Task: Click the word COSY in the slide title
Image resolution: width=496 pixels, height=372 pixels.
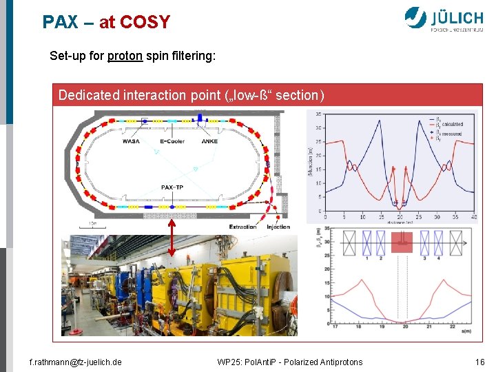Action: point(145,22)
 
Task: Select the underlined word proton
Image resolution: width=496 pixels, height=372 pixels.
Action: point(125,55)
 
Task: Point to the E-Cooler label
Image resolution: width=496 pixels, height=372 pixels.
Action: point(174,143)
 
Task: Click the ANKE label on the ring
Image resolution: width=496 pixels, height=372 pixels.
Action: point(210,143)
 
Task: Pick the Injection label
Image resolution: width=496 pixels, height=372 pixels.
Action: point(278,227)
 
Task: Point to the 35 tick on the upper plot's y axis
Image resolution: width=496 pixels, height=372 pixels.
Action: point(318,114)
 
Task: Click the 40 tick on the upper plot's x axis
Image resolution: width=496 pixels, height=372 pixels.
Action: point(474,217)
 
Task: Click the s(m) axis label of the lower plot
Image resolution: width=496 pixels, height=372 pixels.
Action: point(467,331)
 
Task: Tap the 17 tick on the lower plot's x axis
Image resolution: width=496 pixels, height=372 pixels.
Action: point(334,327)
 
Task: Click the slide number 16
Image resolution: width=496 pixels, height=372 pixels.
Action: point(479,362)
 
